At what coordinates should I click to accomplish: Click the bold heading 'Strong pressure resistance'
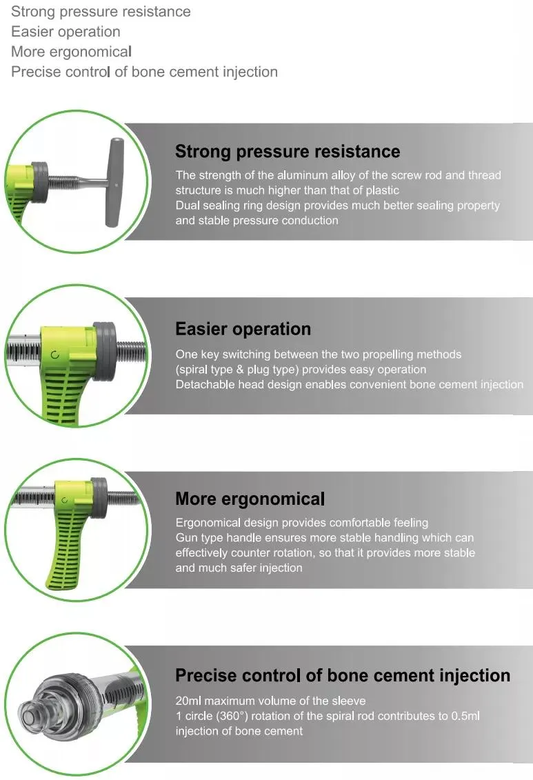coord(287,152)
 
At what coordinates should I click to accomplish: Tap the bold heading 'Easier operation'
coord(243,329)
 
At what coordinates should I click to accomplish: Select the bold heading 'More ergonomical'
coord(250,499)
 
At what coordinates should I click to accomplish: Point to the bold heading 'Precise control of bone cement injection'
coord(343,675)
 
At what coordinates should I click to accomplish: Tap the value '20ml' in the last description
coord(188,701)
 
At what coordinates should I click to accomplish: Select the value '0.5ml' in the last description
coord(465,716)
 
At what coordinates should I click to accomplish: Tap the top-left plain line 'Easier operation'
coord(66,32)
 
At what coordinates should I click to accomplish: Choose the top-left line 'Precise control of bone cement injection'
coord(144,72)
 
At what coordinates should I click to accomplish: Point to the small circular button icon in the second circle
coord(54,354)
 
